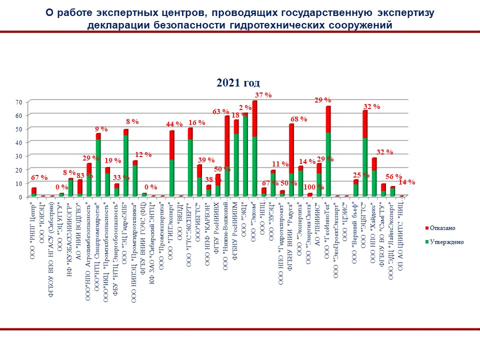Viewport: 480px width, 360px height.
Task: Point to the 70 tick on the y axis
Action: [x=19, y=102]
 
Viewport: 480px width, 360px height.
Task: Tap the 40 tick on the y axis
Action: [x=19, y=142]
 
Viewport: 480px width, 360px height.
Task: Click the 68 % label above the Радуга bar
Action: [x=298, y=119]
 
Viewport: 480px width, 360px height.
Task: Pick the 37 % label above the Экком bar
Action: [x=263, y=95]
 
